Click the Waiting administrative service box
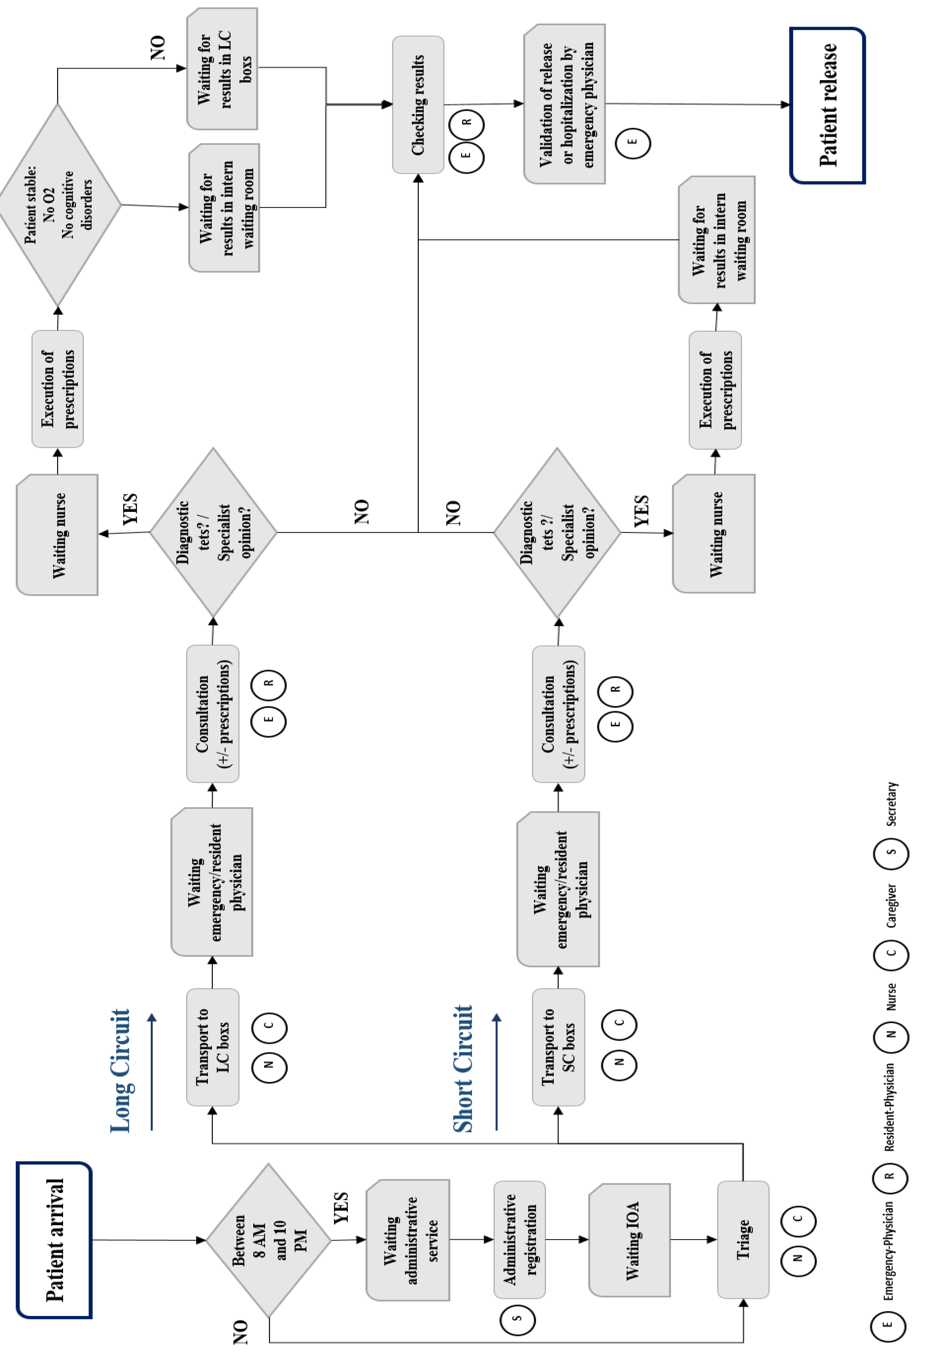(408, 1240)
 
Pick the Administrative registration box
(519, 1240)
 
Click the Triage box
(743, 1240)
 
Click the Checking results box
(418, 104)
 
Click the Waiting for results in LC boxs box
(222, 69)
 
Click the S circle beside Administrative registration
(517, 1318)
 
